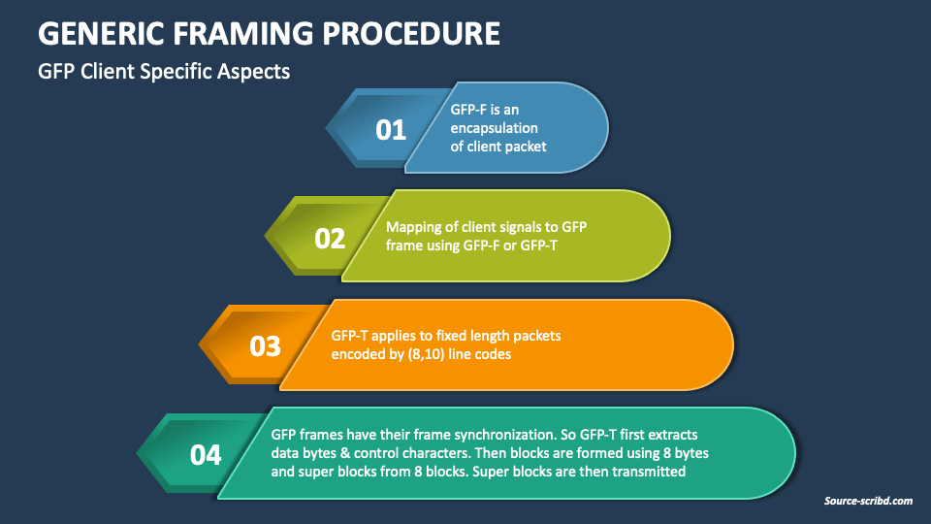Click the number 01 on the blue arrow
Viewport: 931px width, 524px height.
click(391, 129)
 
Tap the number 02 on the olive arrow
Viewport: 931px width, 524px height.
click(330, 238)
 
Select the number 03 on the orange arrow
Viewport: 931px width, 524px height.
click(265, 346)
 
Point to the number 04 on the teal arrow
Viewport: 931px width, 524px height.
click(206, 454)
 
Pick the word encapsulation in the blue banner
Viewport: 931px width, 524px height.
click(495, 128)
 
